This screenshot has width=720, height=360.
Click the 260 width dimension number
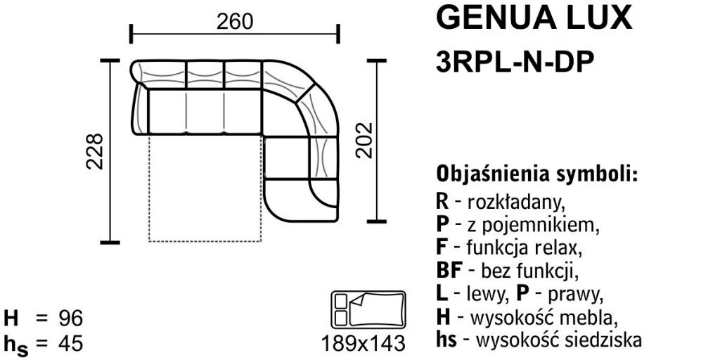(x=234, y=22)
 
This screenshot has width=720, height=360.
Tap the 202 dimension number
(x=364, y=140)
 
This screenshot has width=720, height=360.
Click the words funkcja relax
(x=524, y=247)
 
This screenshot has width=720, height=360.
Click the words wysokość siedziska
(x=559, y=341)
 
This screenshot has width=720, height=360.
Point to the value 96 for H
(x=70, y=319)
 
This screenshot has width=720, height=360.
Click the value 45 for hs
(x=70, y=343)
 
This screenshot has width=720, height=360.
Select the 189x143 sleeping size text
(x=364, y=343)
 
